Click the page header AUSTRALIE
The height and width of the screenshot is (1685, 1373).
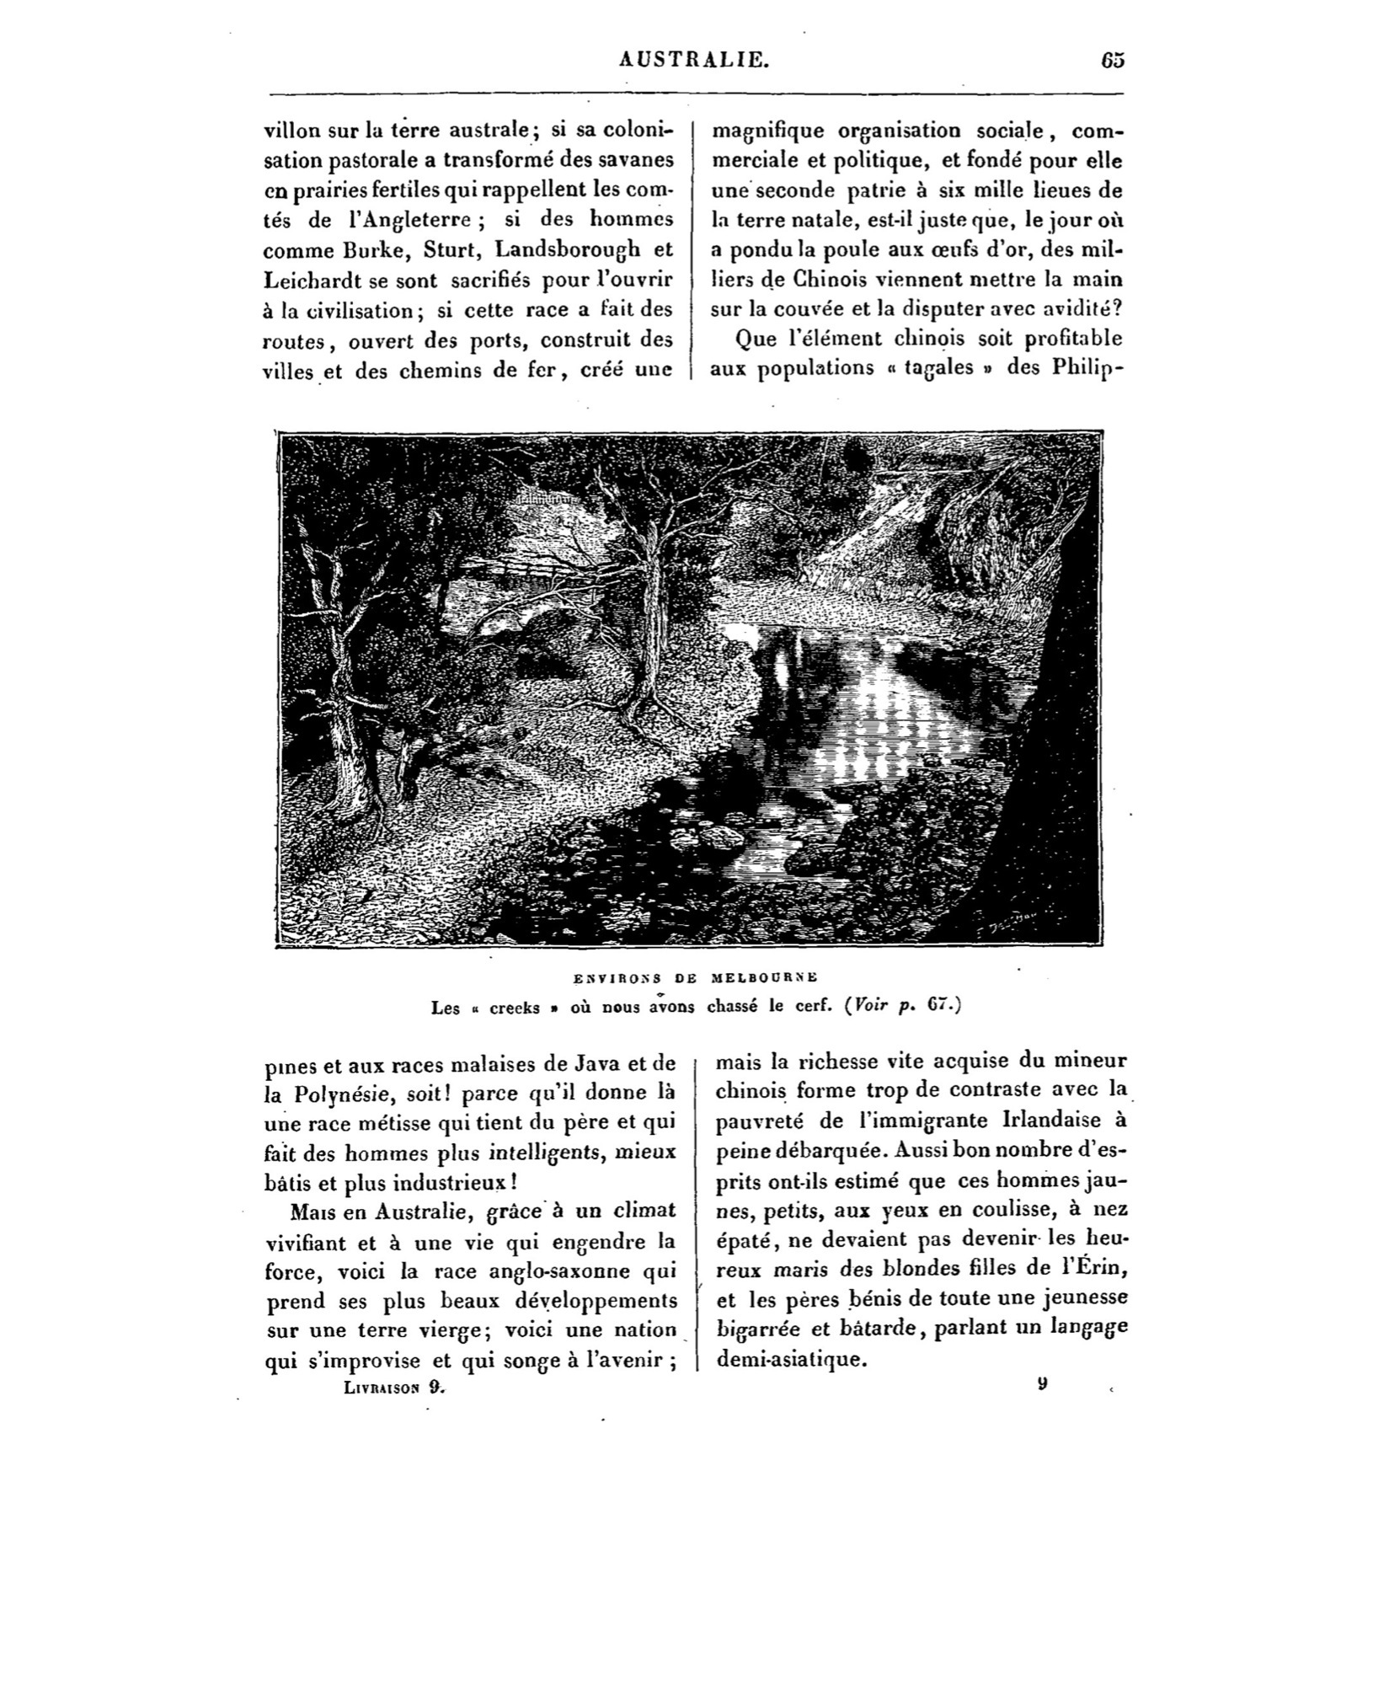point(692,59)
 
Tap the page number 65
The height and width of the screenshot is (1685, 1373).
point(1112,60)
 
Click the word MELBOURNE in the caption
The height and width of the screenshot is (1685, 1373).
point(764,977)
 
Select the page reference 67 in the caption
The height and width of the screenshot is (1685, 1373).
point(934,1006)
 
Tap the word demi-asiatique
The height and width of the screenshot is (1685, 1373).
point(790,1358)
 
